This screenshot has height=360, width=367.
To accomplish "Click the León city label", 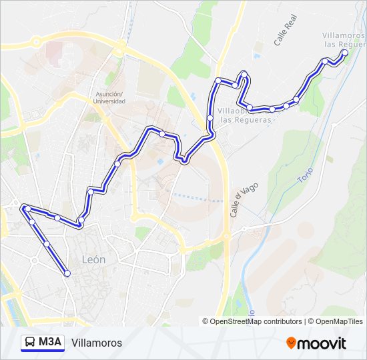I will point(93,259).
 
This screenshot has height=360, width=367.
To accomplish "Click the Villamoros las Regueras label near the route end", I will point(343,39).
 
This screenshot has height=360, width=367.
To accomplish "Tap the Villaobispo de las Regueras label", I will point(246,115).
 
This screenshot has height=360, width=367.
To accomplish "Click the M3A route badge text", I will point(50,343).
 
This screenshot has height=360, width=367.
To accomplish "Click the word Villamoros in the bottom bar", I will point(97,343).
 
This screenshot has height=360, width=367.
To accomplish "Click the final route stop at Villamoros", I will point(344,52).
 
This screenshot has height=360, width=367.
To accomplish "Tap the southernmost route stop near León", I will point(67,273).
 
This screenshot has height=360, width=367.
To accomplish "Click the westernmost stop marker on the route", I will point(26,208).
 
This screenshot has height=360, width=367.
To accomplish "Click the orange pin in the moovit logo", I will point(291,343).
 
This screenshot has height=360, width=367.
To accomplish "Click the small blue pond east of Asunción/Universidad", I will point(160,161).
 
